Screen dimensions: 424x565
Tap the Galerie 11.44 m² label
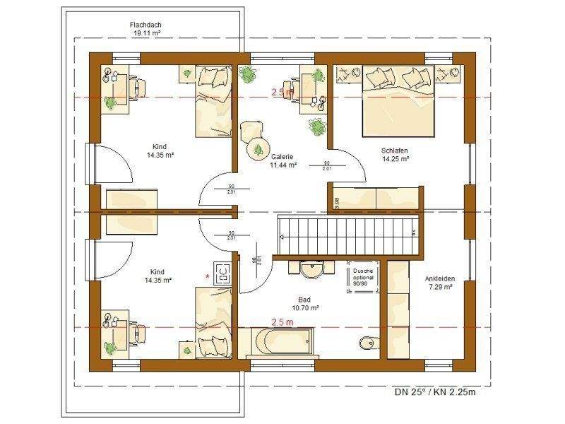283,161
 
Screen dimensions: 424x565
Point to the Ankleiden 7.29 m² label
439,283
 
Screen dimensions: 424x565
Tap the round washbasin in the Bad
311,270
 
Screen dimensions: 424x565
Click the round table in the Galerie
258,148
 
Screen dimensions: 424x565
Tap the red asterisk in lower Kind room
208,276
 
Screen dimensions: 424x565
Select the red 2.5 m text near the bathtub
282,322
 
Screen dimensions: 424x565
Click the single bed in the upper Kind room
213,101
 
